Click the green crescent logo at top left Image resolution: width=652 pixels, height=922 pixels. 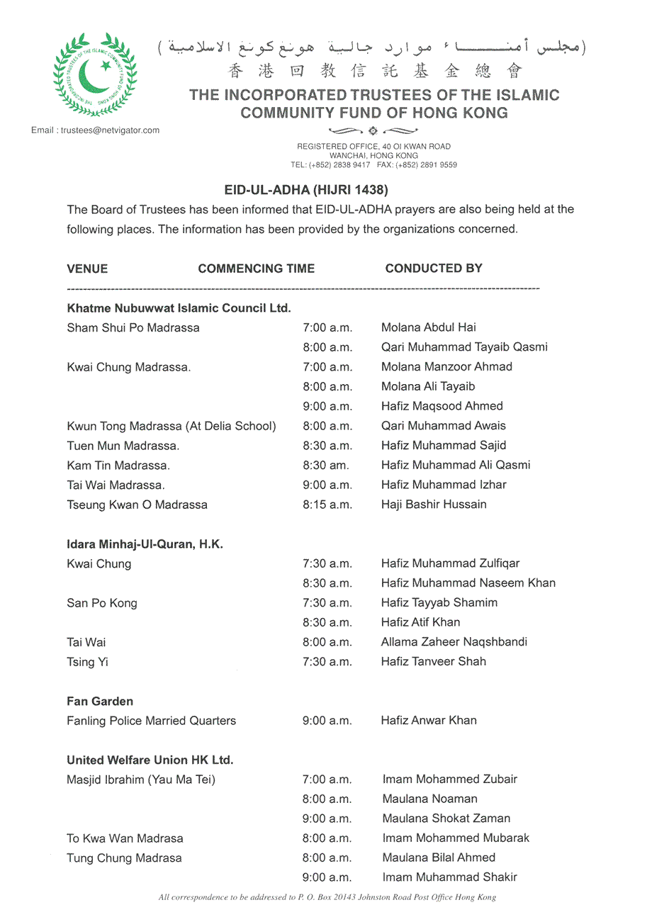pos(95,74)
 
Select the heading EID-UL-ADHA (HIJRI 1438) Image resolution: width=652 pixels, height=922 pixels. pos(307,190)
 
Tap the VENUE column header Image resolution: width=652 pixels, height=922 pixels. pos(87,269)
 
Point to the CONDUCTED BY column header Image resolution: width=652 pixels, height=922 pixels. pos(434,268)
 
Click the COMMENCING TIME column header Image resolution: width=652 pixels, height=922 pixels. pos(257,269)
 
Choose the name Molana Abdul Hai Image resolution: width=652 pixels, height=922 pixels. pos(429,327)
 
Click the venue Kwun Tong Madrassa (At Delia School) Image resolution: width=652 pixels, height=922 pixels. pos(172,426)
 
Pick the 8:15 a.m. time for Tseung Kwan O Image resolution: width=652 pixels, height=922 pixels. pos(327,505)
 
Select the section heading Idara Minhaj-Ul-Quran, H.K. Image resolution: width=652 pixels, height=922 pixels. pos(145,544)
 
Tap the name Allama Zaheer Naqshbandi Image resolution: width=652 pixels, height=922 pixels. pos(454,642)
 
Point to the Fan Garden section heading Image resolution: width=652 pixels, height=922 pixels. pos(100,702)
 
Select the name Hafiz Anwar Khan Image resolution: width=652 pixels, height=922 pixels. pos(429,721)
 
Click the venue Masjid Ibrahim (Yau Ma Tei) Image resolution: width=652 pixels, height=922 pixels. pos(141,780)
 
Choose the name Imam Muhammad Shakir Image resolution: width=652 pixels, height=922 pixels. pos(450,877)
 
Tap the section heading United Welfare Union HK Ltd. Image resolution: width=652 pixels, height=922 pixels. pos(150,760)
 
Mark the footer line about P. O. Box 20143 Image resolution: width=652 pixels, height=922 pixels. pos(327,897)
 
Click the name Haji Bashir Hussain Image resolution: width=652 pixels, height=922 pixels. pos(434,505)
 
